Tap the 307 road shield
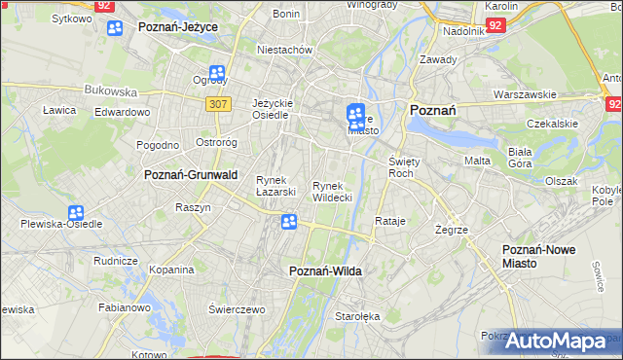click(x=217, y=102)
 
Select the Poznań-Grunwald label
click(x=191, y=175)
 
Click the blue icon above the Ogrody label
click(x=216, y=73)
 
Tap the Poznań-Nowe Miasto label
click(x=538, y=257)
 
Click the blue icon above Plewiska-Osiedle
click(x=76, y=213)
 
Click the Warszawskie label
click(x=525, y=94)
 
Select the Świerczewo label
click(x=237, y=308)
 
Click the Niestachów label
click(x=283, y=49)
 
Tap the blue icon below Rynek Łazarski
click(x=289, y=223)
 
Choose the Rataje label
click(x=389, y=222)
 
